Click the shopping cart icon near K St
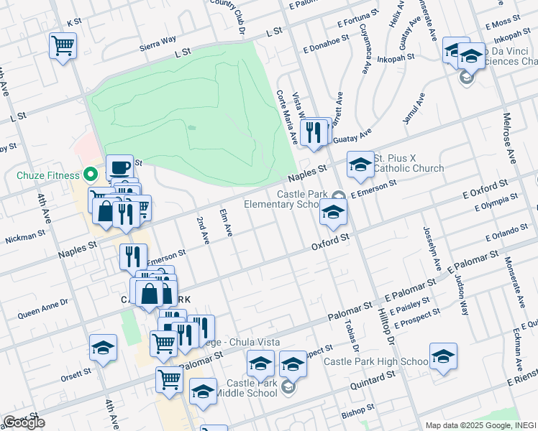point(63,46)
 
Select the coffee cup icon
point(120,169)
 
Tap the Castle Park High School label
point(375,361)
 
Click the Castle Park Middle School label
point(251,388)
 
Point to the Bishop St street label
point(356,413)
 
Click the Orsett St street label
point(76,374)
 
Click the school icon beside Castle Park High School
point(443,356)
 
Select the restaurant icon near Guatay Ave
point(313,132)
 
